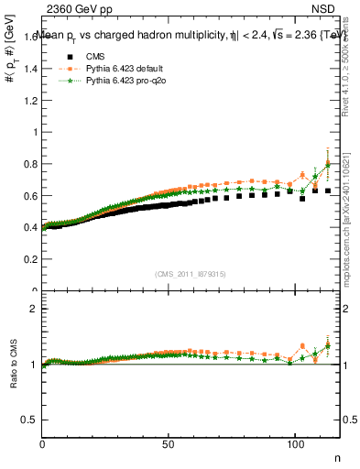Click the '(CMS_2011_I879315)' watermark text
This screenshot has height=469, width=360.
(x=191, y=273)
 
